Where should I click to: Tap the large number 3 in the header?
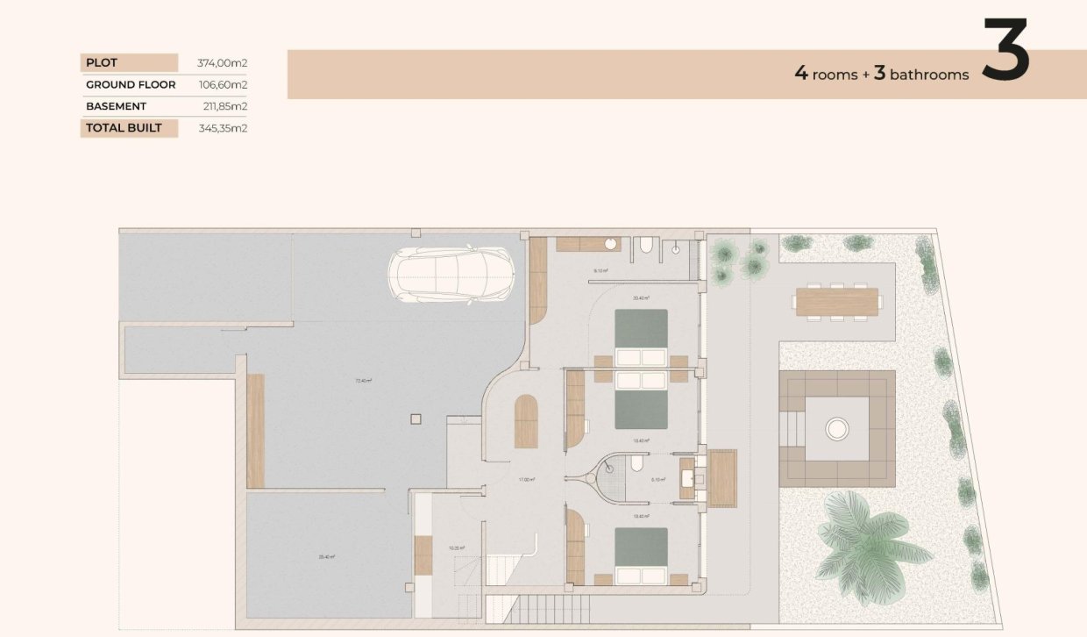pyautogui.click(x=1005, y=50)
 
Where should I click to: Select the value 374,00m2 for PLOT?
pyautogui.click(x=222, y=63)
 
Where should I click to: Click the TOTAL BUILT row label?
pyautogui.click(x=129, y=128)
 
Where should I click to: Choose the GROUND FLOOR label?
pyautogui.click(x=131, y=85)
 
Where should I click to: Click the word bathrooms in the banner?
pyautogui.click(x=929, y=75)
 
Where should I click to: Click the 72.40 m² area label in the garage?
pyautogui.click(x=363, y=381)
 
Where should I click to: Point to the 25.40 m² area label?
pyautogui.click(x=327, y=556)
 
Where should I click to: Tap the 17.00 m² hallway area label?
pyautogui.click(x=526, y=480)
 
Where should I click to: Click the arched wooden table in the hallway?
pyautogui.click(x=525, y=422)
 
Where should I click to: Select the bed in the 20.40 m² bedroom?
pyautogui.click(x=641, y=337)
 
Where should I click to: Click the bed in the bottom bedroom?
pyautogui.click(x=641, y=556)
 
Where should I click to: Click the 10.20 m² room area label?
pyautogui.click(x=456, y=548)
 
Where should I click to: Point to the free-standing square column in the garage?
pyautogui.click(x=416, y=419)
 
